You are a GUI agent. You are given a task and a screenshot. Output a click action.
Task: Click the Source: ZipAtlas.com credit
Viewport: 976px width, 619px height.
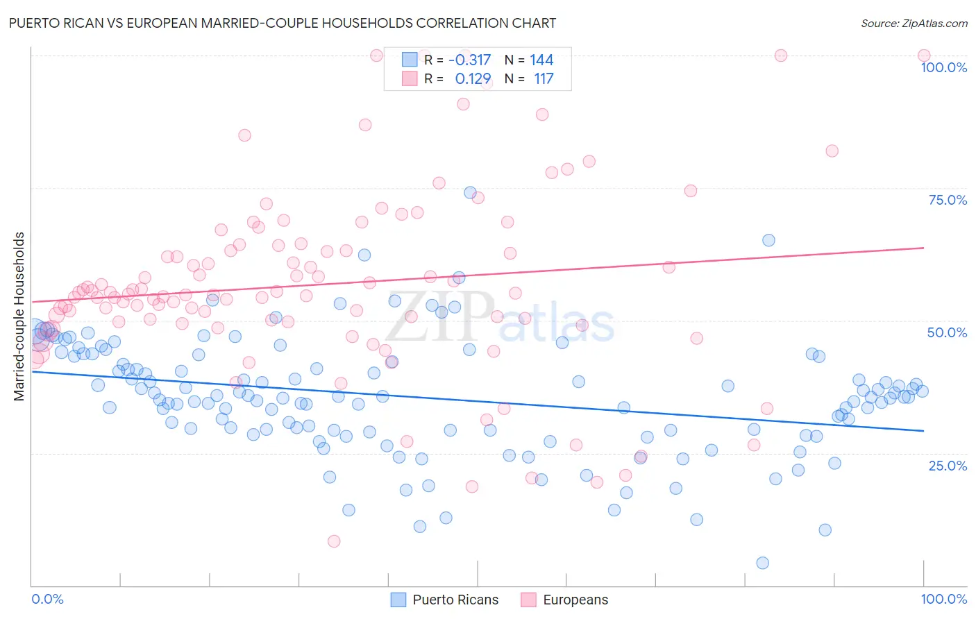914,23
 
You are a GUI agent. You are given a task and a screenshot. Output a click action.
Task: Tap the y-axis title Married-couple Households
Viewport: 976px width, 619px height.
19,316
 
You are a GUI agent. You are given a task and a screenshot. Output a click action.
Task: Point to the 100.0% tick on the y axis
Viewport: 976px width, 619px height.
943,67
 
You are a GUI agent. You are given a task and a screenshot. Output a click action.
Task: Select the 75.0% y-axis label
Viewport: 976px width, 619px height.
948,200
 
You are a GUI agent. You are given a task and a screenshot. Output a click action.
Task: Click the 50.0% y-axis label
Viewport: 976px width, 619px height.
947,332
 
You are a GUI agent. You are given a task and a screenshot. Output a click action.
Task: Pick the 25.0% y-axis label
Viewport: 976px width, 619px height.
948,466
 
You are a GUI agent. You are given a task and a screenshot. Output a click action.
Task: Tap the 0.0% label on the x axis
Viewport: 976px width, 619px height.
47,599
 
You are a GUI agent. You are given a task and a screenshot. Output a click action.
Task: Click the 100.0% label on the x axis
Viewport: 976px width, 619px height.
943,599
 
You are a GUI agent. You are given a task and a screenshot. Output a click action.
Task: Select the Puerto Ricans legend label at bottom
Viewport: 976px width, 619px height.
455,600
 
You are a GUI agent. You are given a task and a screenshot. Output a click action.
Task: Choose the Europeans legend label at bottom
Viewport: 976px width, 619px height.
575,600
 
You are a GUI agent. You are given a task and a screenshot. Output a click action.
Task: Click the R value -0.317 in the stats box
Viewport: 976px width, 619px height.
469,60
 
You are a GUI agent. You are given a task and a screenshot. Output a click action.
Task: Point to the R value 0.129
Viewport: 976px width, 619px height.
473,79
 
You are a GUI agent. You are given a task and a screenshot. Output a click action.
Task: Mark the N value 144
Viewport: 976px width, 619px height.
541,60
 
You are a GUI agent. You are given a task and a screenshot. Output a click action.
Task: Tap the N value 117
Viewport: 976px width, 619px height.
544,79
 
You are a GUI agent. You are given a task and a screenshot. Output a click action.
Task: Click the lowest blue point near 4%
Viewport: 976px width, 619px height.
762,563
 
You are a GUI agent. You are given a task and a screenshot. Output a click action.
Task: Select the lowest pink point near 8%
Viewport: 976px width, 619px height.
334,541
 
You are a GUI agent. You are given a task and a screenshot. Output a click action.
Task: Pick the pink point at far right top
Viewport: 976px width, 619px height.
923,56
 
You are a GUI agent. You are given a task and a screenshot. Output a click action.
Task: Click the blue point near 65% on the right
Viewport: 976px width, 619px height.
768,240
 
